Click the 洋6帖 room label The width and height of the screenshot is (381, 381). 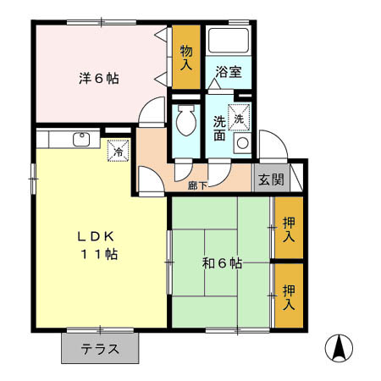click(100, 79)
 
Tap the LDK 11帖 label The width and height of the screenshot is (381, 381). click(100, 245)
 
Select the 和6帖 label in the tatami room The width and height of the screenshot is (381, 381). click(223, 263)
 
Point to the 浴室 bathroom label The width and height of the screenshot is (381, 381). click(228, 72)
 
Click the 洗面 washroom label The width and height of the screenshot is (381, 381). click(219, 126)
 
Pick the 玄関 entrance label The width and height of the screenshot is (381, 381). click(271, 179)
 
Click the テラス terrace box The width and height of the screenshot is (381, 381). click(99, 348)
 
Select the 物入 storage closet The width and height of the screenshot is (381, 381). click(185, 58)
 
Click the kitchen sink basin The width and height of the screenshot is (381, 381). click(83, 140)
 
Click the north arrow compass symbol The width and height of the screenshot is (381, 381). click(339, 348)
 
